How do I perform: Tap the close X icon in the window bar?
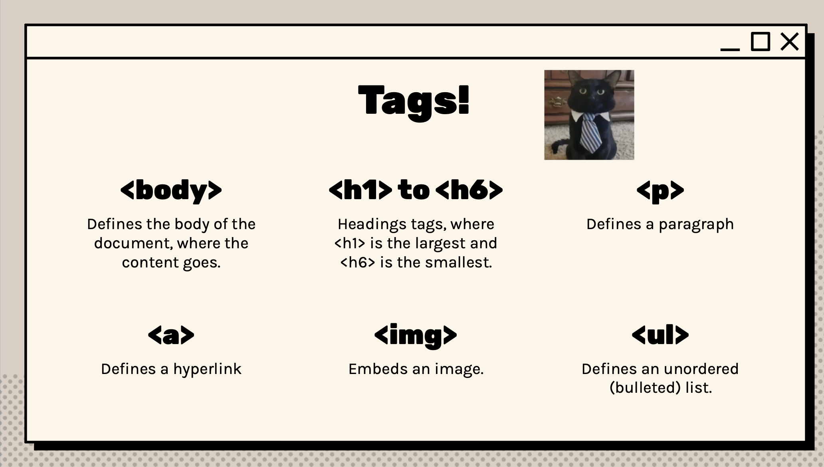[x=789, y=42]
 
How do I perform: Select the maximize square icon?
[x=760, y=42]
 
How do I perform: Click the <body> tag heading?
[x=171, y=190]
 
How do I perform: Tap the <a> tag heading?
[x=171, y=335]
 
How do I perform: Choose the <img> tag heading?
[x=415, y=336]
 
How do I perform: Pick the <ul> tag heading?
[x=660, y=334]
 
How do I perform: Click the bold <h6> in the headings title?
[x=469, y=190]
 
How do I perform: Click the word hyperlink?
[x=207, y=369]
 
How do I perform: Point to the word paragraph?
[x=696, y=225]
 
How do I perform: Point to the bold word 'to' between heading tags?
[x=414, y=190]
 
